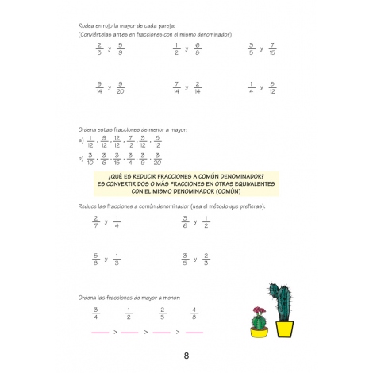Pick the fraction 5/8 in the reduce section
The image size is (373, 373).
pos(95,258)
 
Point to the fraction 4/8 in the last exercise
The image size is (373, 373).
pos(194,310)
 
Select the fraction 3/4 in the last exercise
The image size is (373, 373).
pos(95,310)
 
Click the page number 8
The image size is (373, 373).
pos(186,355)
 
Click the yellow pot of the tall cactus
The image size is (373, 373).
pos(283,331)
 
